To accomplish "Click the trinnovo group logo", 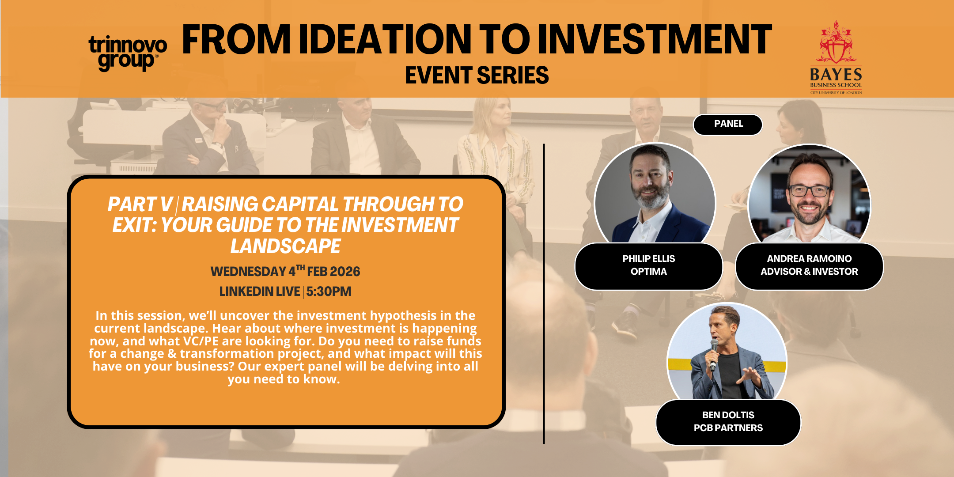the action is point(128,53).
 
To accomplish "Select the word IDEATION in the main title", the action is point(385,40).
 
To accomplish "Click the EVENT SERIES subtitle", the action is point(477,75).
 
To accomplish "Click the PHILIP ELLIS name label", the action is point(649,259).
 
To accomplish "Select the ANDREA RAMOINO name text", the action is point(809,259).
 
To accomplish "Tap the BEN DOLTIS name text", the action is point(728,415).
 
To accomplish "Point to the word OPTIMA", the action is point(649,272).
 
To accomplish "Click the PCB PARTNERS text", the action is point(728,428).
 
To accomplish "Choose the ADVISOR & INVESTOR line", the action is point(809,272).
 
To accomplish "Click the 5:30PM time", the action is point(329,291).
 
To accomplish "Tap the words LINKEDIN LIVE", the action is point(260,291).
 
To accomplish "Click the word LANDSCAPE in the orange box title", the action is point(285,246).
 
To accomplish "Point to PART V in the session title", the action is point(140,204).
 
